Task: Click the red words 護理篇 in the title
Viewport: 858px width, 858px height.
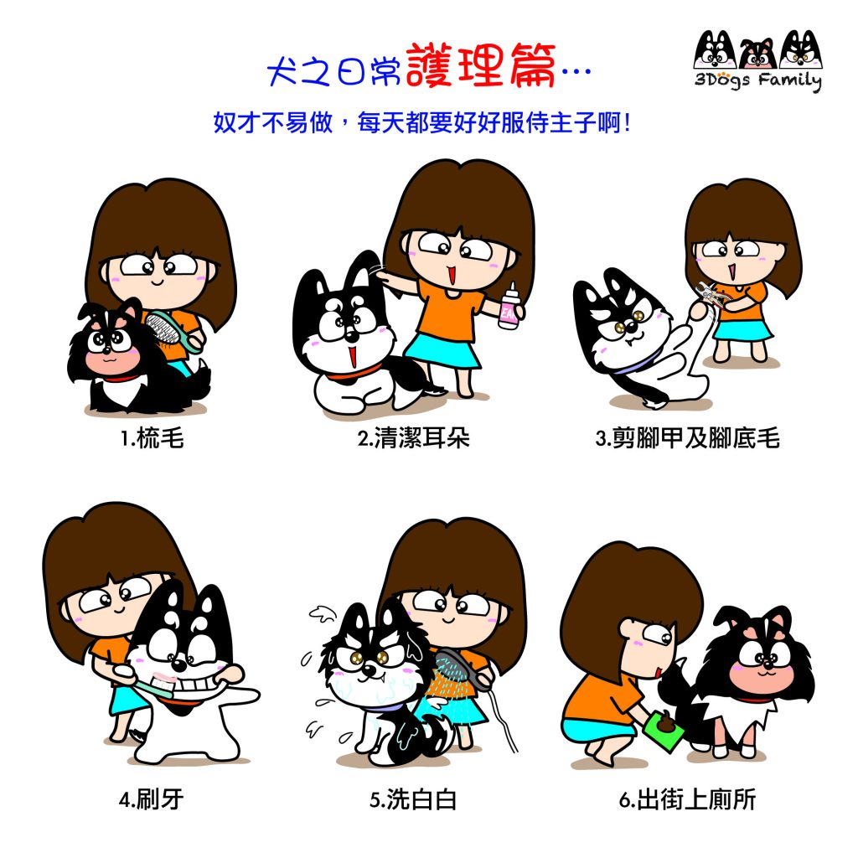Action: [480, 66]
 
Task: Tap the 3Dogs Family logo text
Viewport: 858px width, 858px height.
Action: [757, 80]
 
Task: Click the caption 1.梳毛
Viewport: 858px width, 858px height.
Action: [152, 437]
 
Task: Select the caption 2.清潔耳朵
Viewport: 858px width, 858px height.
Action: [414, 437]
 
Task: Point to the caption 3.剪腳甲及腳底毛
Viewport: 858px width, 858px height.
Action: [687, 437]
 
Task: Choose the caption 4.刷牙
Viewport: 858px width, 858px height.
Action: [151, 799]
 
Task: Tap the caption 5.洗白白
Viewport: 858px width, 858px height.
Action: [413, 799]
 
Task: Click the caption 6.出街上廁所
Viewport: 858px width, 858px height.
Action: [687, 799]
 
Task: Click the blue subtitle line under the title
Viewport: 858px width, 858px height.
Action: [422, 122]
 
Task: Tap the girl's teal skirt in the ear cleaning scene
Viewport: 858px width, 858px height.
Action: [443, 351]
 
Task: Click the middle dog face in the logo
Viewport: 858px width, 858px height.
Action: [757, 53]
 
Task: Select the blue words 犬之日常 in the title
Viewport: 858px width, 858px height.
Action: [333, 71]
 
